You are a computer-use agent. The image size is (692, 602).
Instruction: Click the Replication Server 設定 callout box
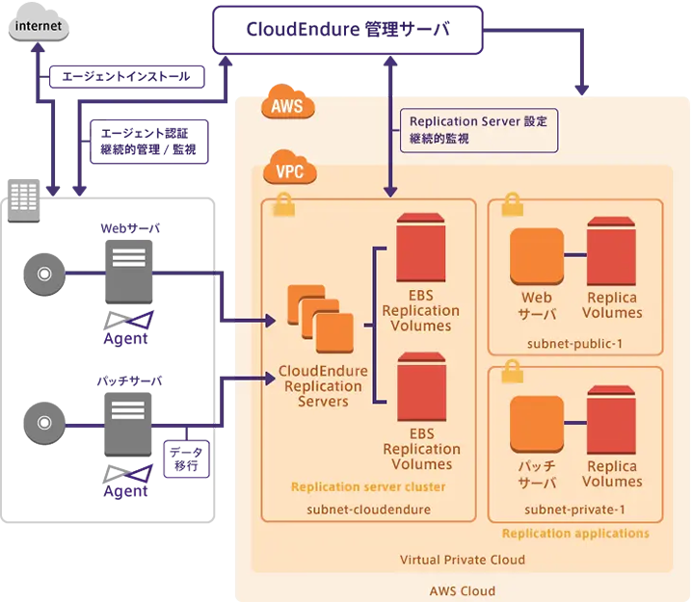(478, 131)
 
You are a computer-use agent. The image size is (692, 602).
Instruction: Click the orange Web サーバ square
(537, 255)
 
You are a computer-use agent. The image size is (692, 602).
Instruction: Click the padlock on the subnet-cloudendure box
(285, 204)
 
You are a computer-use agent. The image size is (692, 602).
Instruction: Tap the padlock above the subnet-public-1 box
(511, 204)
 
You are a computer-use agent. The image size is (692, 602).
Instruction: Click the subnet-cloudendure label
(368, 509)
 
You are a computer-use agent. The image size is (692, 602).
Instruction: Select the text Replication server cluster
(368, 487)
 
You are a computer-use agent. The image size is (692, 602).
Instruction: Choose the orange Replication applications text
(575, 533)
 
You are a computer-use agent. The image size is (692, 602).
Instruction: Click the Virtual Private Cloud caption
(463, 560)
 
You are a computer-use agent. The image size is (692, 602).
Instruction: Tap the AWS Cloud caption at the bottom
(463, 590)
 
